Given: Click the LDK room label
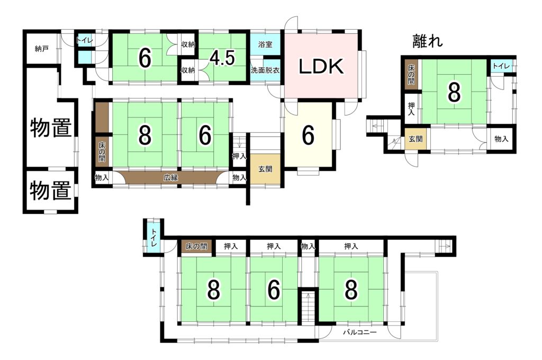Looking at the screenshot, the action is (x=321, y=66).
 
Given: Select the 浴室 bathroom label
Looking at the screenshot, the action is (x=265, y=44).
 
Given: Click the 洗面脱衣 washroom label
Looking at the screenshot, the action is (x=265, y=70).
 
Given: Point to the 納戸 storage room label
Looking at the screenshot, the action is (x=41, y=49).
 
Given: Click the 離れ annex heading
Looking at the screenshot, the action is (x=428, y=41).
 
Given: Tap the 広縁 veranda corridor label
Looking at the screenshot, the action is (x=171, y=178).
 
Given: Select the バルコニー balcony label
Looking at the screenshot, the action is (x=360, y=332).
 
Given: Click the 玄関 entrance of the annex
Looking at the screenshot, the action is (x=415, y=139).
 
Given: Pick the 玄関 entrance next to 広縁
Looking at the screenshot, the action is (x=265, y=169).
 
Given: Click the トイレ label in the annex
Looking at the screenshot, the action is (x=501, y=66).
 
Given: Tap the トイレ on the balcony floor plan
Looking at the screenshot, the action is (x=153, y=238).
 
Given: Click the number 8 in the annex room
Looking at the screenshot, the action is (x=454, y=92).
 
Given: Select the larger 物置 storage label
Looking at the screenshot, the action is (x=51, y=128).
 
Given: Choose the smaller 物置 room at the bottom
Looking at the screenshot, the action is (x=51, y=191).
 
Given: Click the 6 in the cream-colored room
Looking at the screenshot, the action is (x=308, y=135).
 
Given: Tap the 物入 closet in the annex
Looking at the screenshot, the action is (x=501, y=139).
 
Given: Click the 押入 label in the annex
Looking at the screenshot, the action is (x=411, y=109).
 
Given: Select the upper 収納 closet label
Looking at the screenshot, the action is (x=188, y=44).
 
